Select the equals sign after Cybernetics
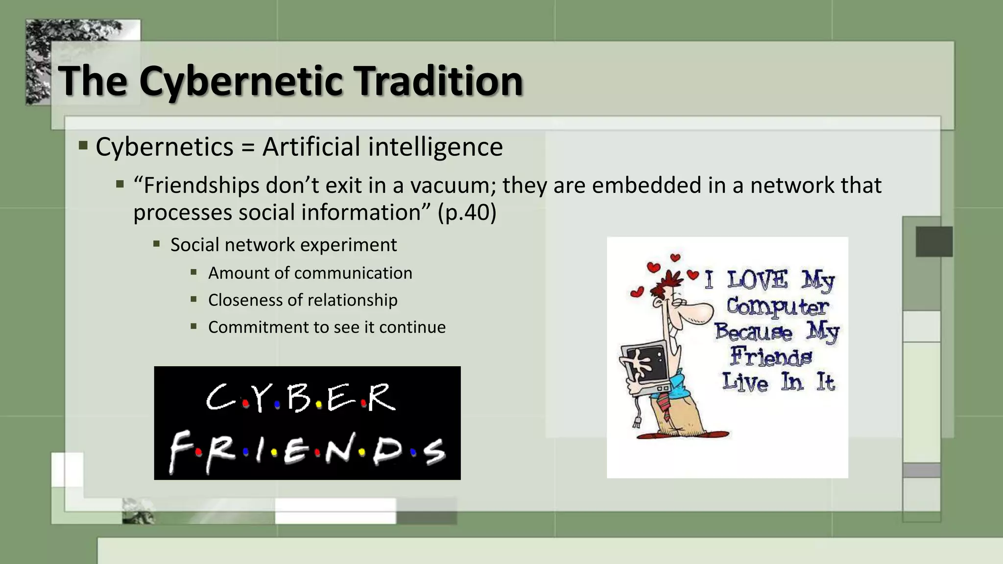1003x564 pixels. coord(248,147)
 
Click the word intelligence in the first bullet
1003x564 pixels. coord(435,147)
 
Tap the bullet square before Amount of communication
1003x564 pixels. coord(194,272)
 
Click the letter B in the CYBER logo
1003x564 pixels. coord(299,398)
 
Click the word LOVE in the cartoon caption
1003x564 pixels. coord(757,281)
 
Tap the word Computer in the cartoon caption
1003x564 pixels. coord(777,307)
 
